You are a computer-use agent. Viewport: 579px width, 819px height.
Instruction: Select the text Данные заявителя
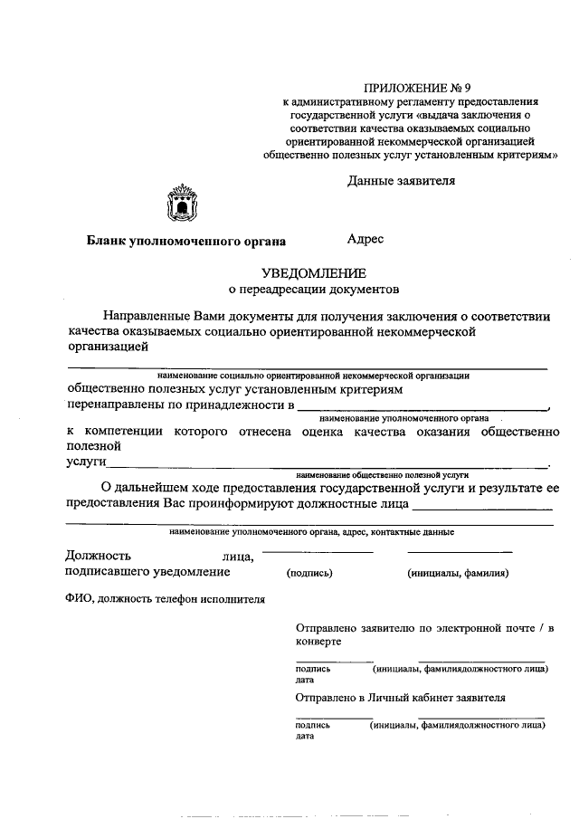click(401, 180)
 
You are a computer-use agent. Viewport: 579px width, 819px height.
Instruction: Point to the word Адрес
click(365, 239)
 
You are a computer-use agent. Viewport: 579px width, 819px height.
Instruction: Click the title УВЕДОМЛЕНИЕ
click(312, 272)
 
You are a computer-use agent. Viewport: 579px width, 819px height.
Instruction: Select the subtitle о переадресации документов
click(312, 290)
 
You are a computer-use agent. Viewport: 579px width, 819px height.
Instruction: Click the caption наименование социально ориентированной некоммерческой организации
click(312, 374)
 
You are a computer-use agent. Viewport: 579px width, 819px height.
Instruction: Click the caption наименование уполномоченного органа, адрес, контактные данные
click(312, 532)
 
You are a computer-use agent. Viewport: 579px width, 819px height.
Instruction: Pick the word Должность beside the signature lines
click(99, 556)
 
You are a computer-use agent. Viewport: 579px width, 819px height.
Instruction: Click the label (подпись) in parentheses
click(309, 573)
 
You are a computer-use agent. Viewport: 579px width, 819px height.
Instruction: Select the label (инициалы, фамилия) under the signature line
click(458, 573)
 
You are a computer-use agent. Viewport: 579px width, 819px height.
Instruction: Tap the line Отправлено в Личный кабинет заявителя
click(400, 698)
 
